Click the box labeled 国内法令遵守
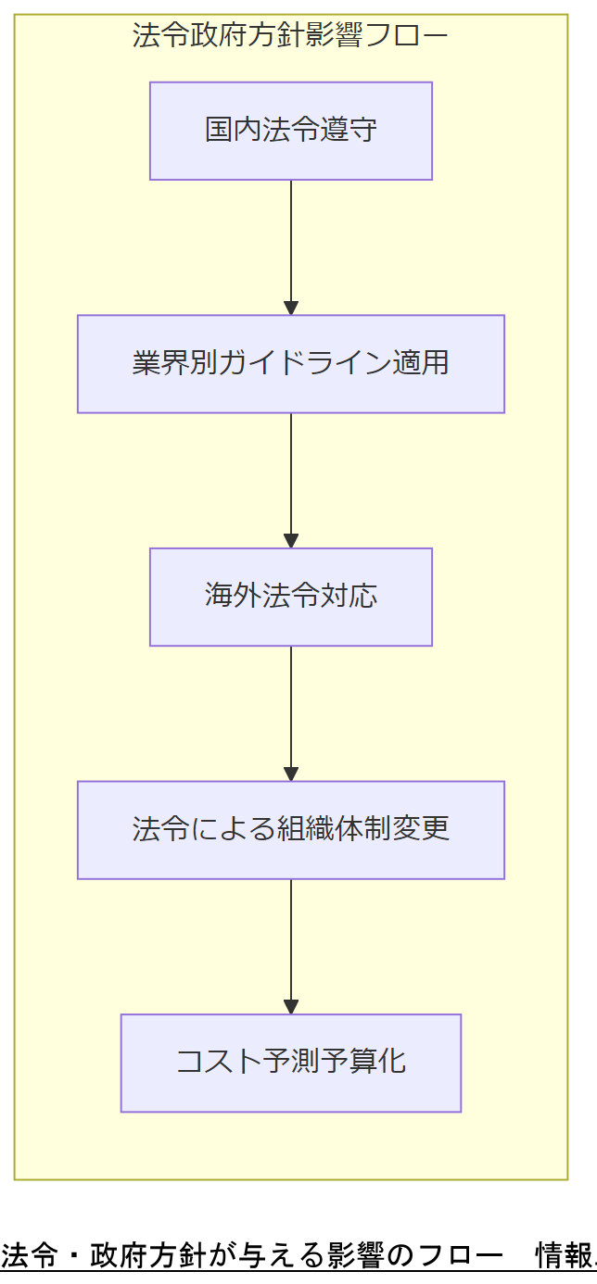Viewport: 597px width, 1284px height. tap(291, 131)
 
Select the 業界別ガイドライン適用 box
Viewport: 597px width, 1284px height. tap(291, 363)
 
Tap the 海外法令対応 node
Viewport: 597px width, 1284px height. tap(291, 597)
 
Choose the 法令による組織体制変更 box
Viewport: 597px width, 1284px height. tap(291, 829)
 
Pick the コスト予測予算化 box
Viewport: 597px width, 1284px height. tap(291, 1063)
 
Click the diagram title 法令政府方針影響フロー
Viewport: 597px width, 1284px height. tap(290, 36)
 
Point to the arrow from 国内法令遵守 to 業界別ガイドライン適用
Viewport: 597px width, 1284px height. tap(291, 245)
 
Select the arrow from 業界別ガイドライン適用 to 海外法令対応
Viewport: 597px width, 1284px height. tap(291, 479)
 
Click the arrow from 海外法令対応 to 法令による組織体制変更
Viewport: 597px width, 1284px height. tap(291, 711)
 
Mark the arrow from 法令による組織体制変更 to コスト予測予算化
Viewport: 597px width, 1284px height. tap(291, 945)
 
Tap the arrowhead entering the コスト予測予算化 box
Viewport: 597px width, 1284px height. tap(291, 1006)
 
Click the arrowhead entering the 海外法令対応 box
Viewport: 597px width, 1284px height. tap(291, 540)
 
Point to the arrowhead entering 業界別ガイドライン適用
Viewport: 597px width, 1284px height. tap(291, 308)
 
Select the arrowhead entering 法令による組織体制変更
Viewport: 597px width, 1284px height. tap(291, 774)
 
